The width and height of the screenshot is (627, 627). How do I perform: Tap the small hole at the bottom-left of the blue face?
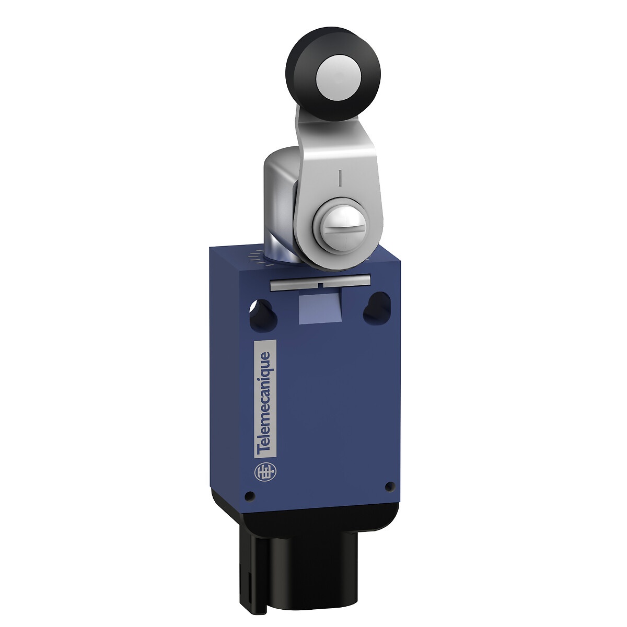coord(250,495)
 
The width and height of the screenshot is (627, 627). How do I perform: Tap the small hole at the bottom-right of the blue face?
coord(389,486)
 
